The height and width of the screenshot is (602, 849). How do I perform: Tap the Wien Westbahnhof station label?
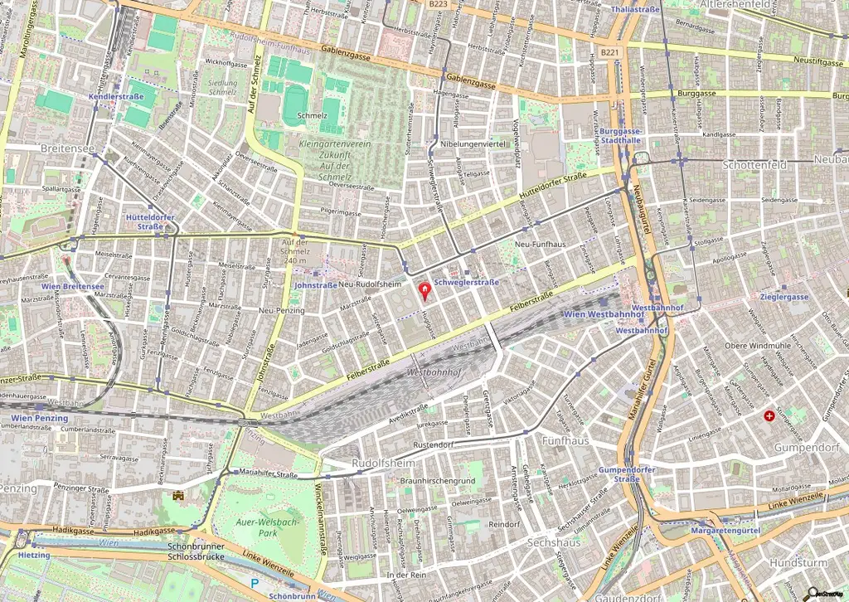592,315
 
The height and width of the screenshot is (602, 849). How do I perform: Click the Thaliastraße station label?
634,9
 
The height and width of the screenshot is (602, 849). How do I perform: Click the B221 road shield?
609,52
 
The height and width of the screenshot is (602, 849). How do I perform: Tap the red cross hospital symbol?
770,415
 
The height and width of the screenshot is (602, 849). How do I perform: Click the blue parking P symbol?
256,584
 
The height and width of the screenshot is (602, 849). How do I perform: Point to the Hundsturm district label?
799,562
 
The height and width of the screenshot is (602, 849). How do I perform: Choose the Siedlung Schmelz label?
221,88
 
